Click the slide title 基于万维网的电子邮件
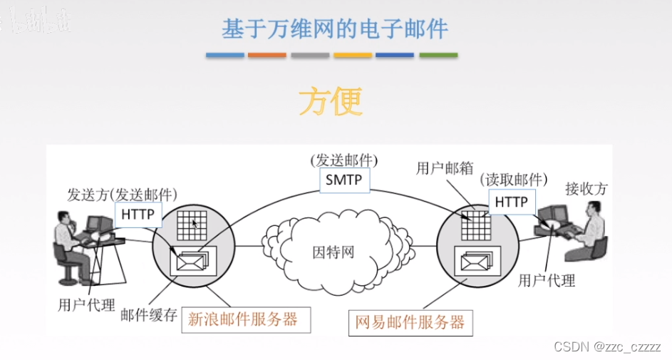[x=335, y=29]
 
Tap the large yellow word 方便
[x=330, y=102]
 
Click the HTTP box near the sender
[x=138, y=214]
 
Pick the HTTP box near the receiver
[x=511, y=202]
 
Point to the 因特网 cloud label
[x=334, y=252]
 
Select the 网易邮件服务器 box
[x=410, y=322]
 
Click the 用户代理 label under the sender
[x=86, y=305]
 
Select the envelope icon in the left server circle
[x=190, y=260]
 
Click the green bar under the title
[x=438, y=55]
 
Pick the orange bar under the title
[x=267, y=55]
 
